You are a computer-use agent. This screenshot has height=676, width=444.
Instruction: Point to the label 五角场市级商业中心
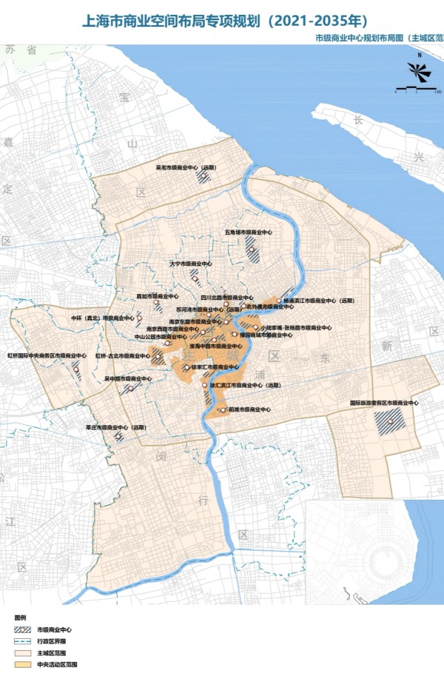tap(249, 232)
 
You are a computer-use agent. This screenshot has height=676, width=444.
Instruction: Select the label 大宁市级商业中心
tap(191, 264)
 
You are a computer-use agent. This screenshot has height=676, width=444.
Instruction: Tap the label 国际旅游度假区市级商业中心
tap(385, 404)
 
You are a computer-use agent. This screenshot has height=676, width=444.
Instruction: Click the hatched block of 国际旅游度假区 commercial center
tap(389, 423)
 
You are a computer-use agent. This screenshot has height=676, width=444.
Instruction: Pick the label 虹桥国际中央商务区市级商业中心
tap(47, 355)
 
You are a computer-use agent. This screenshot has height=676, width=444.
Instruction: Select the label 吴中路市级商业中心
tap(127, 378)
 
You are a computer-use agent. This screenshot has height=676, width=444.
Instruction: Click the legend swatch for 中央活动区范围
tap(24, 665)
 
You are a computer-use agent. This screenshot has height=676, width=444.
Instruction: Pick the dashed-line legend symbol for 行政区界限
tap(24, 641)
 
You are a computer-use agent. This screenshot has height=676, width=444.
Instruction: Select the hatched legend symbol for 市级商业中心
tap(24, 629)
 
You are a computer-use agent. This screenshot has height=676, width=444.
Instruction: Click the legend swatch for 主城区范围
tap(24, 653)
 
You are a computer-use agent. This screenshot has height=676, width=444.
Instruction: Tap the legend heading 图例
tap(20, 617)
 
